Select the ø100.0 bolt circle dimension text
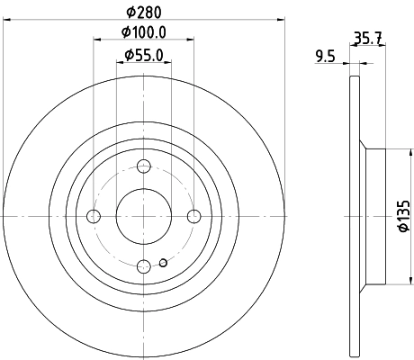143,34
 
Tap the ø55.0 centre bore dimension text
144,56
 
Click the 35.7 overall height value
366,38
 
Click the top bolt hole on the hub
144,166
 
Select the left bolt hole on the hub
94,216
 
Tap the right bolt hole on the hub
193,216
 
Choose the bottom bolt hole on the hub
144,265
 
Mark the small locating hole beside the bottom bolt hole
162,263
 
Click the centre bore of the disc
144,216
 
